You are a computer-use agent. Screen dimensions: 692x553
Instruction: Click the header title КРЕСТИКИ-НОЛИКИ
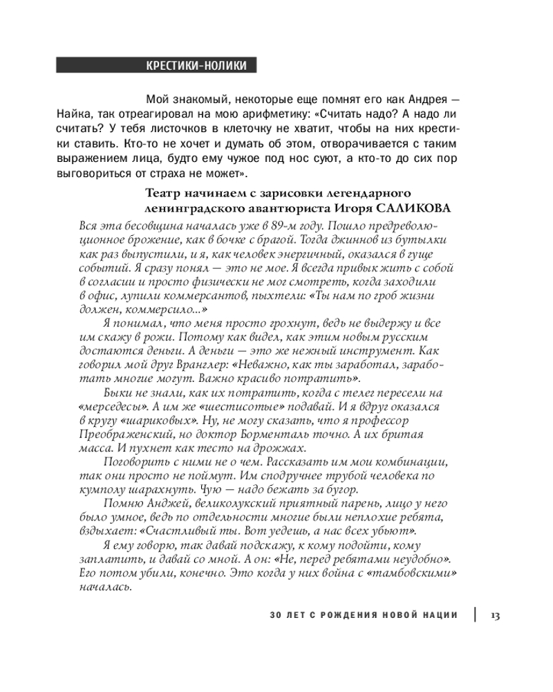tap(196, 66)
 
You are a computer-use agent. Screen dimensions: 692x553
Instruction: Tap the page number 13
tap(496, 615)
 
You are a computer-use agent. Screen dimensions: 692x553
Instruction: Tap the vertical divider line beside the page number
tap(475, 615)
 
